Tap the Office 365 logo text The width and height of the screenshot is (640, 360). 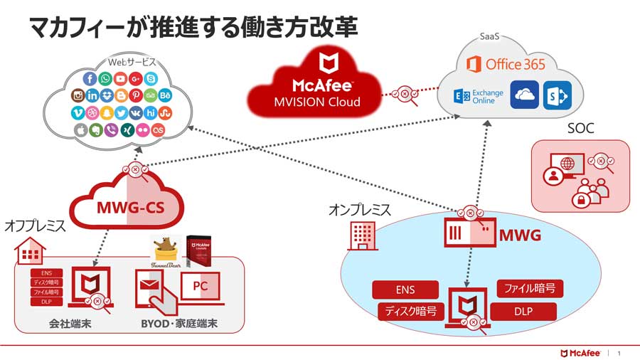tap(506, 65)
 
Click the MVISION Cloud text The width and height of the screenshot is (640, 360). tap(317, 102)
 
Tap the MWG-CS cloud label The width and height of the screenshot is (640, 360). tap(129, 209)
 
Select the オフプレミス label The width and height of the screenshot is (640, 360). tap(35, 226)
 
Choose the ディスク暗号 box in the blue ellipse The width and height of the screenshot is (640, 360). tap(411, 311)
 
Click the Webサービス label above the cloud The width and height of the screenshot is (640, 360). tap(132, 62)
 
